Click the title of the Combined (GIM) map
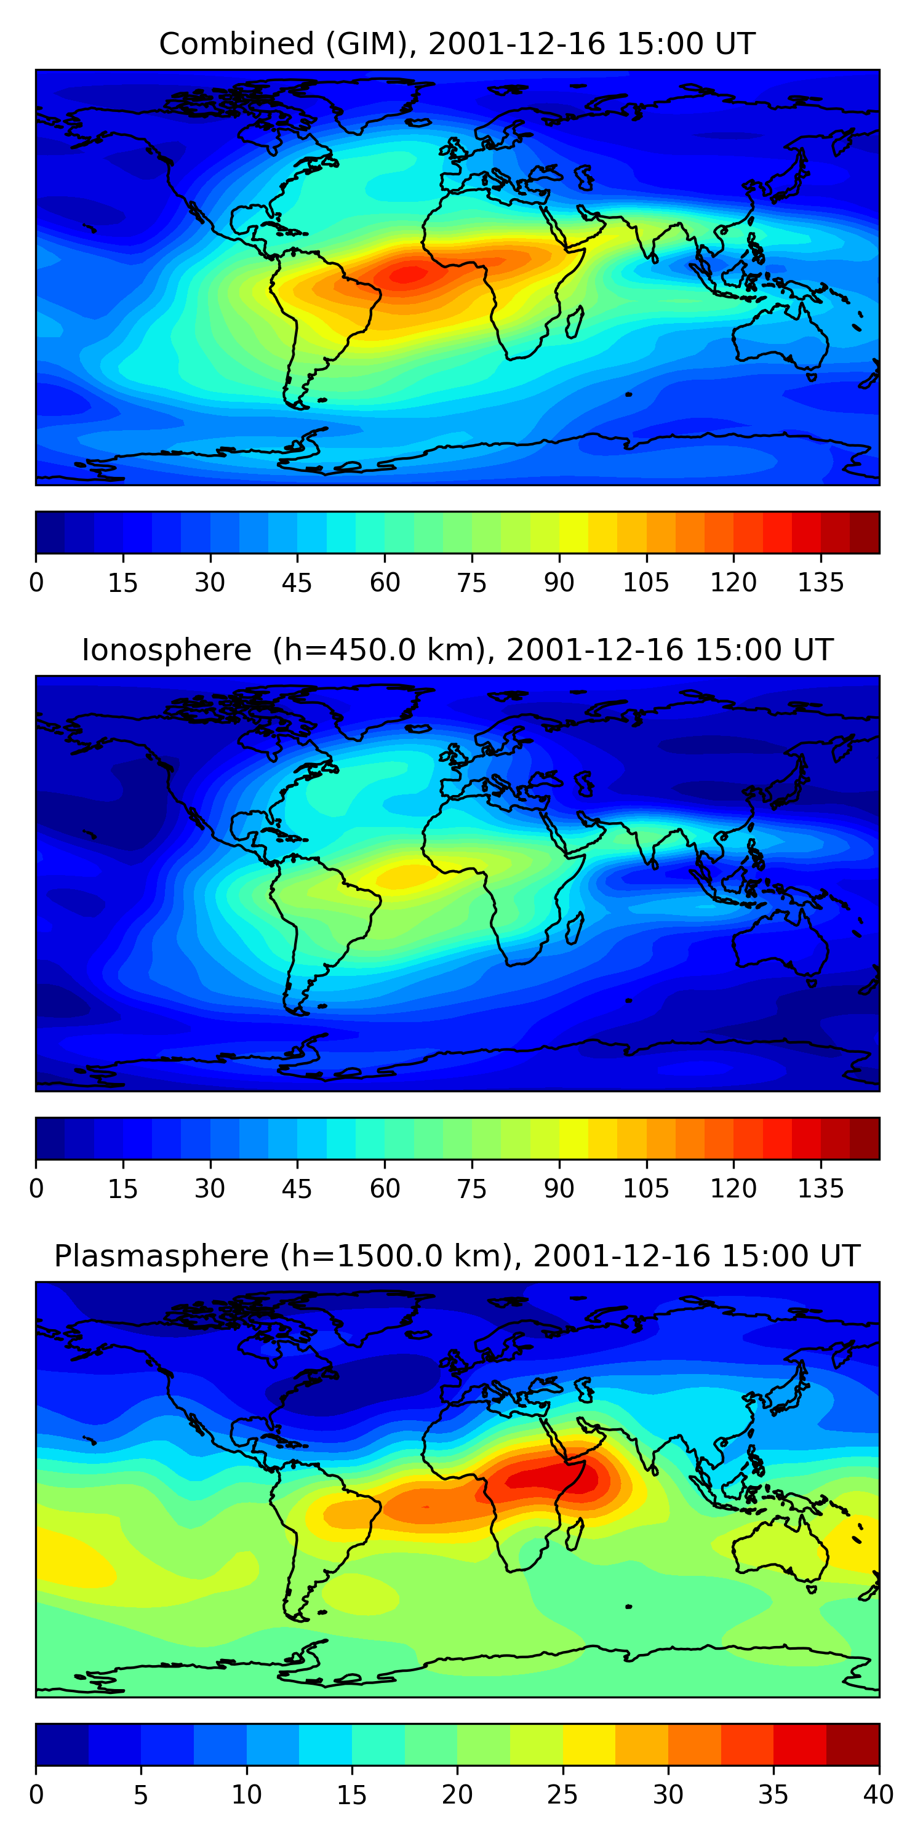tap(457, 44)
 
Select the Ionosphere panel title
tap(457, 650)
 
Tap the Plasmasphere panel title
tap(457, 1257)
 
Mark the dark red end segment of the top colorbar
tap(865, 532)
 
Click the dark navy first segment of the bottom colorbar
tap(62, 1744)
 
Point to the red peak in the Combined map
tap(409, 274)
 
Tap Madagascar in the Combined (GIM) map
tap(575, 322)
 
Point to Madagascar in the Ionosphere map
tap(575, 929)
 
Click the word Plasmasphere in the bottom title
tap(161, 1257)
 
